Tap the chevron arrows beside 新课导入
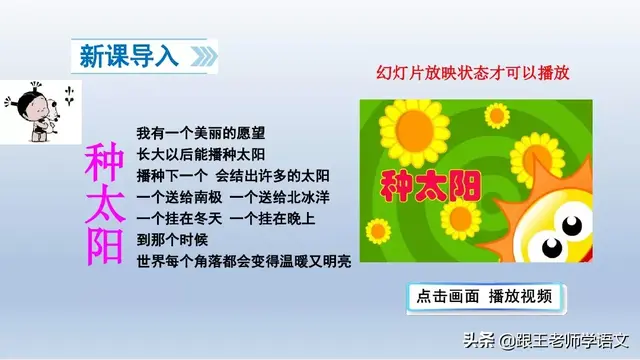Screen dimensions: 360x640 (202, 56)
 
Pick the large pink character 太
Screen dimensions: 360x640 (102, 206)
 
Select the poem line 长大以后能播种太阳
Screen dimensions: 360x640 (201, 154)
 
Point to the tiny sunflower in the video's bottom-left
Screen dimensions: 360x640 (375, 250)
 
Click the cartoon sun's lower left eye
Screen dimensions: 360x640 (552, 243)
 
